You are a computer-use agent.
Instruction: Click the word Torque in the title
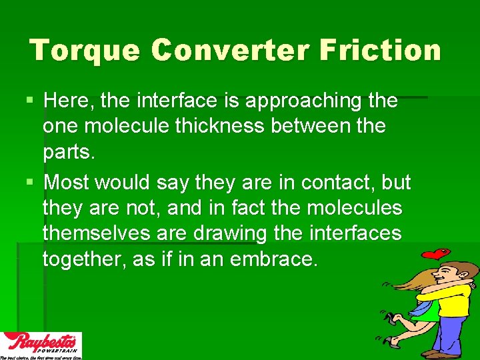click(85, 51)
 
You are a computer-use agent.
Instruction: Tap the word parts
click(69, 152)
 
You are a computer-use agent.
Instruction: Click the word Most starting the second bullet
click(69, 182)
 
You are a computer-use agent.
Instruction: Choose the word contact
click(337, 182)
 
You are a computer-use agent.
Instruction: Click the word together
click(85, 259)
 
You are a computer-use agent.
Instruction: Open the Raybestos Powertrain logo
click(41, 345)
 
